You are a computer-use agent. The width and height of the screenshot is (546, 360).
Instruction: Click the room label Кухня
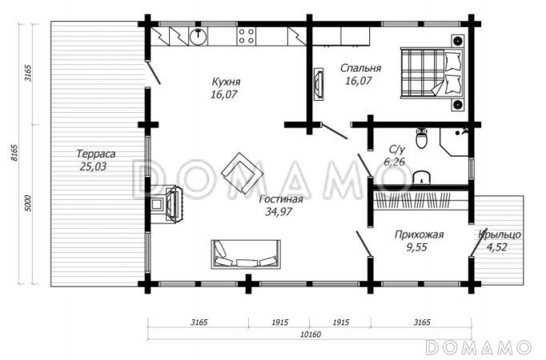point(226,82)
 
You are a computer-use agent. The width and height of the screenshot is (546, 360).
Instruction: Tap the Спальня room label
point(361,68)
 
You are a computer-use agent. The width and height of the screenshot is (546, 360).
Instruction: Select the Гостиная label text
point(281,199)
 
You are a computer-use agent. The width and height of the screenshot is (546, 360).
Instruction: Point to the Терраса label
point(96,154)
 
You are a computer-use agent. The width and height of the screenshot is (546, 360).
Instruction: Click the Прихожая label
point(419,234)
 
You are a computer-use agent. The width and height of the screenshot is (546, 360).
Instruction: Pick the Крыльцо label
point(500,234)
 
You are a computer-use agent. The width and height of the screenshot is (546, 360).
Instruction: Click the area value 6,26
point(394,162)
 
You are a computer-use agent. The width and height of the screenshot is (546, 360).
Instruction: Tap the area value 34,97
point(279,211)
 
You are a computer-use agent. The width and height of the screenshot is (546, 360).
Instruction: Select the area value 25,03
point(93,166)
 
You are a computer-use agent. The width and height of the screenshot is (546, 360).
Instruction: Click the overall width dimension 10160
point(311,334)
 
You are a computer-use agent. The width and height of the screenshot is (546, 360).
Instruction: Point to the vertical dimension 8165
point(14,153)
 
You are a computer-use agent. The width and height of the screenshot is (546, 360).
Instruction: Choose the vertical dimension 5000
point(28,203)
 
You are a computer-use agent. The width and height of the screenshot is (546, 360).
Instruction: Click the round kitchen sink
point(198,35)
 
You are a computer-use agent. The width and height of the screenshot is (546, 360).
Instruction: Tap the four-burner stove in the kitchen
point(247,36)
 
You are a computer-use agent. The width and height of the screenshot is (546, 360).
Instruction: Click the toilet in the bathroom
point(422,138)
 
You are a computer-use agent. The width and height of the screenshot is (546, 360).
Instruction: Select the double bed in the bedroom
point(432,73)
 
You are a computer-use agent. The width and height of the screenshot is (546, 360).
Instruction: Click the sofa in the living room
point(246,254)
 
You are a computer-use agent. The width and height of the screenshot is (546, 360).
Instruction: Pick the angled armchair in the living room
point(243,173)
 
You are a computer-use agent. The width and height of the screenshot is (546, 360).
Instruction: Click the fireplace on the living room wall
point(168,203)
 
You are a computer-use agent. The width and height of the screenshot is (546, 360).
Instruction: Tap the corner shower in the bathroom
point(454,142)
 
